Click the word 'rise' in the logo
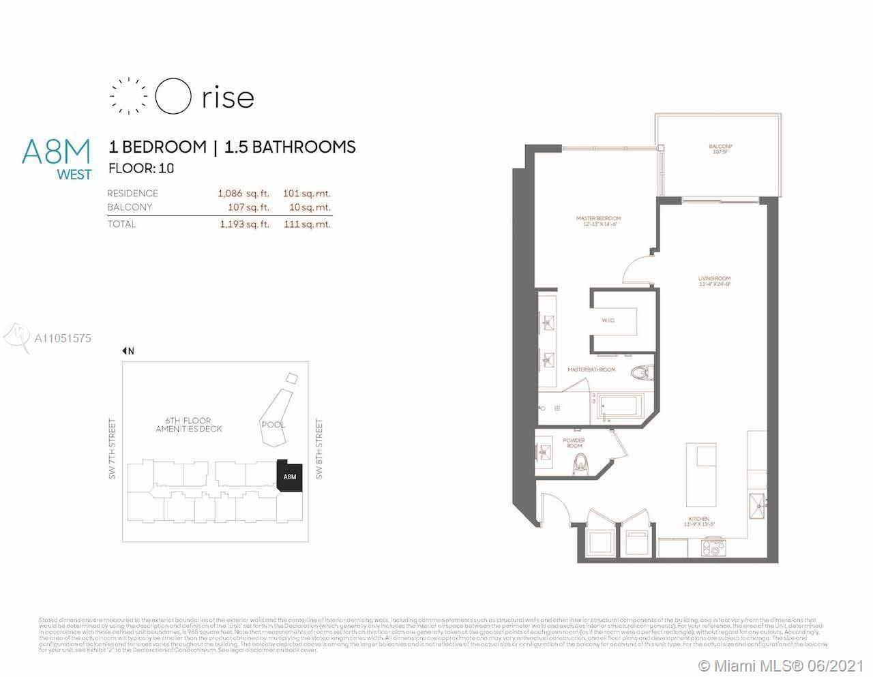click(x=228, y=97)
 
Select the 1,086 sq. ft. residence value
click(x=243, y=194)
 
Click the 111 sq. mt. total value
click(x=306, y=224)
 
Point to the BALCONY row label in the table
click(x=130, y=207)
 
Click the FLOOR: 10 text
click(x=141, y=168)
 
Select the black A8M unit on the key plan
click(x=290, y=475)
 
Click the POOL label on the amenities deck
click(x=273, y=425)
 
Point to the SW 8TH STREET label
click(x=319, y=449)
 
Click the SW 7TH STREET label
click(x=113, y=449)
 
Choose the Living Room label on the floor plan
click(x=714, y=282)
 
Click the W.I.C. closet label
click(x=608, y=320)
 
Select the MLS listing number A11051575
click(x=62, y=338)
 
